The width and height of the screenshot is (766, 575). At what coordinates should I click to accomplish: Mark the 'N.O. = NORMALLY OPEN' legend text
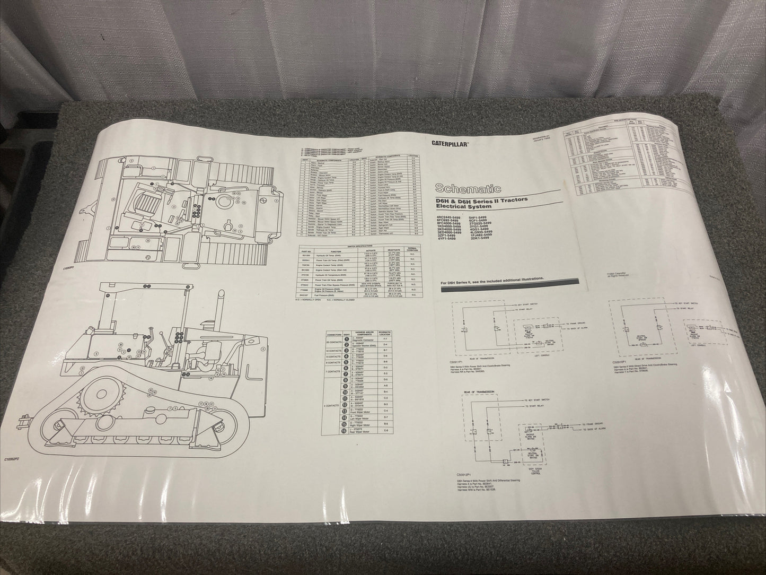310,301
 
